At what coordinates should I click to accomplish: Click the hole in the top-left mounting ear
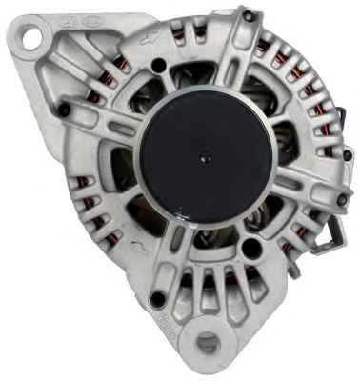32,40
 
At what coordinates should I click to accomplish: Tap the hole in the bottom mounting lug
209,345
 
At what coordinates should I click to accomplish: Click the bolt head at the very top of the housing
249,16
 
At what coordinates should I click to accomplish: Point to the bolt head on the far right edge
343,200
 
